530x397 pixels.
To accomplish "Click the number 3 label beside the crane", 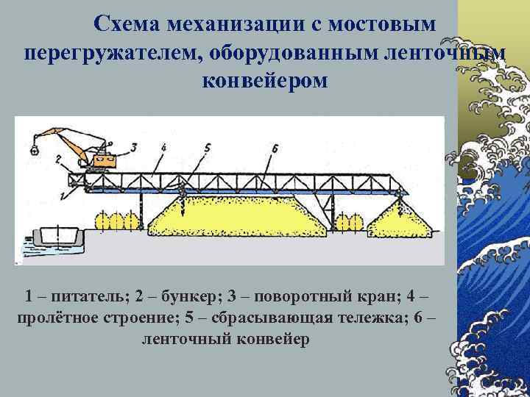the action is coord(133,147).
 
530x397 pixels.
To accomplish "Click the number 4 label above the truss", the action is coord(163,147).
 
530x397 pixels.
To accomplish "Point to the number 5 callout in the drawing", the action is coord(208,148).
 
